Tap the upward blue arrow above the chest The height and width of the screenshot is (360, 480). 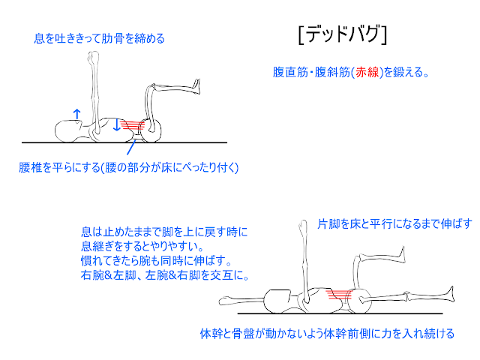click(x=76, y=112)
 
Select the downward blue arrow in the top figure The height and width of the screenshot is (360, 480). click(x=116, y=125)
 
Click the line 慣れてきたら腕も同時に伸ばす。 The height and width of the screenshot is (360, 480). click(x=157, y=260)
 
